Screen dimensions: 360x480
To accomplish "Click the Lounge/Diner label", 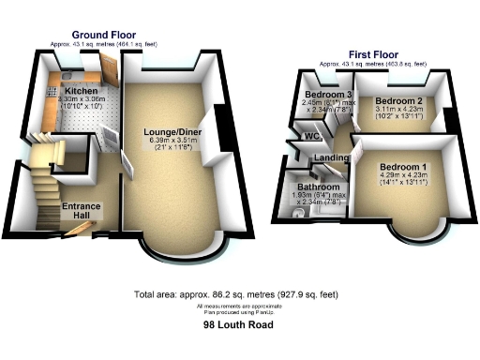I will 164,132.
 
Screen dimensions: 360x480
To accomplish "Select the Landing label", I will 332,157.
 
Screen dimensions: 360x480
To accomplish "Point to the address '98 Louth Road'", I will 239,325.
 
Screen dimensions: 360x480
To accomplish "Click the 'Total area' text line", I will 239,294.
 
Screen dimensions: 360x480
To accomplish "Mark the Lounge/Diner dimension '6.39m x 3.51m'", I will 165,141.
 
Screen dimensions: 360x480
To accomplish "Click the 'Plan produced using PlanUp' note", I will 239,312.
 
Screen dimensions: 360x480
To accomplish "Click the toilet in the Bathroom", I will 297,215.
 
